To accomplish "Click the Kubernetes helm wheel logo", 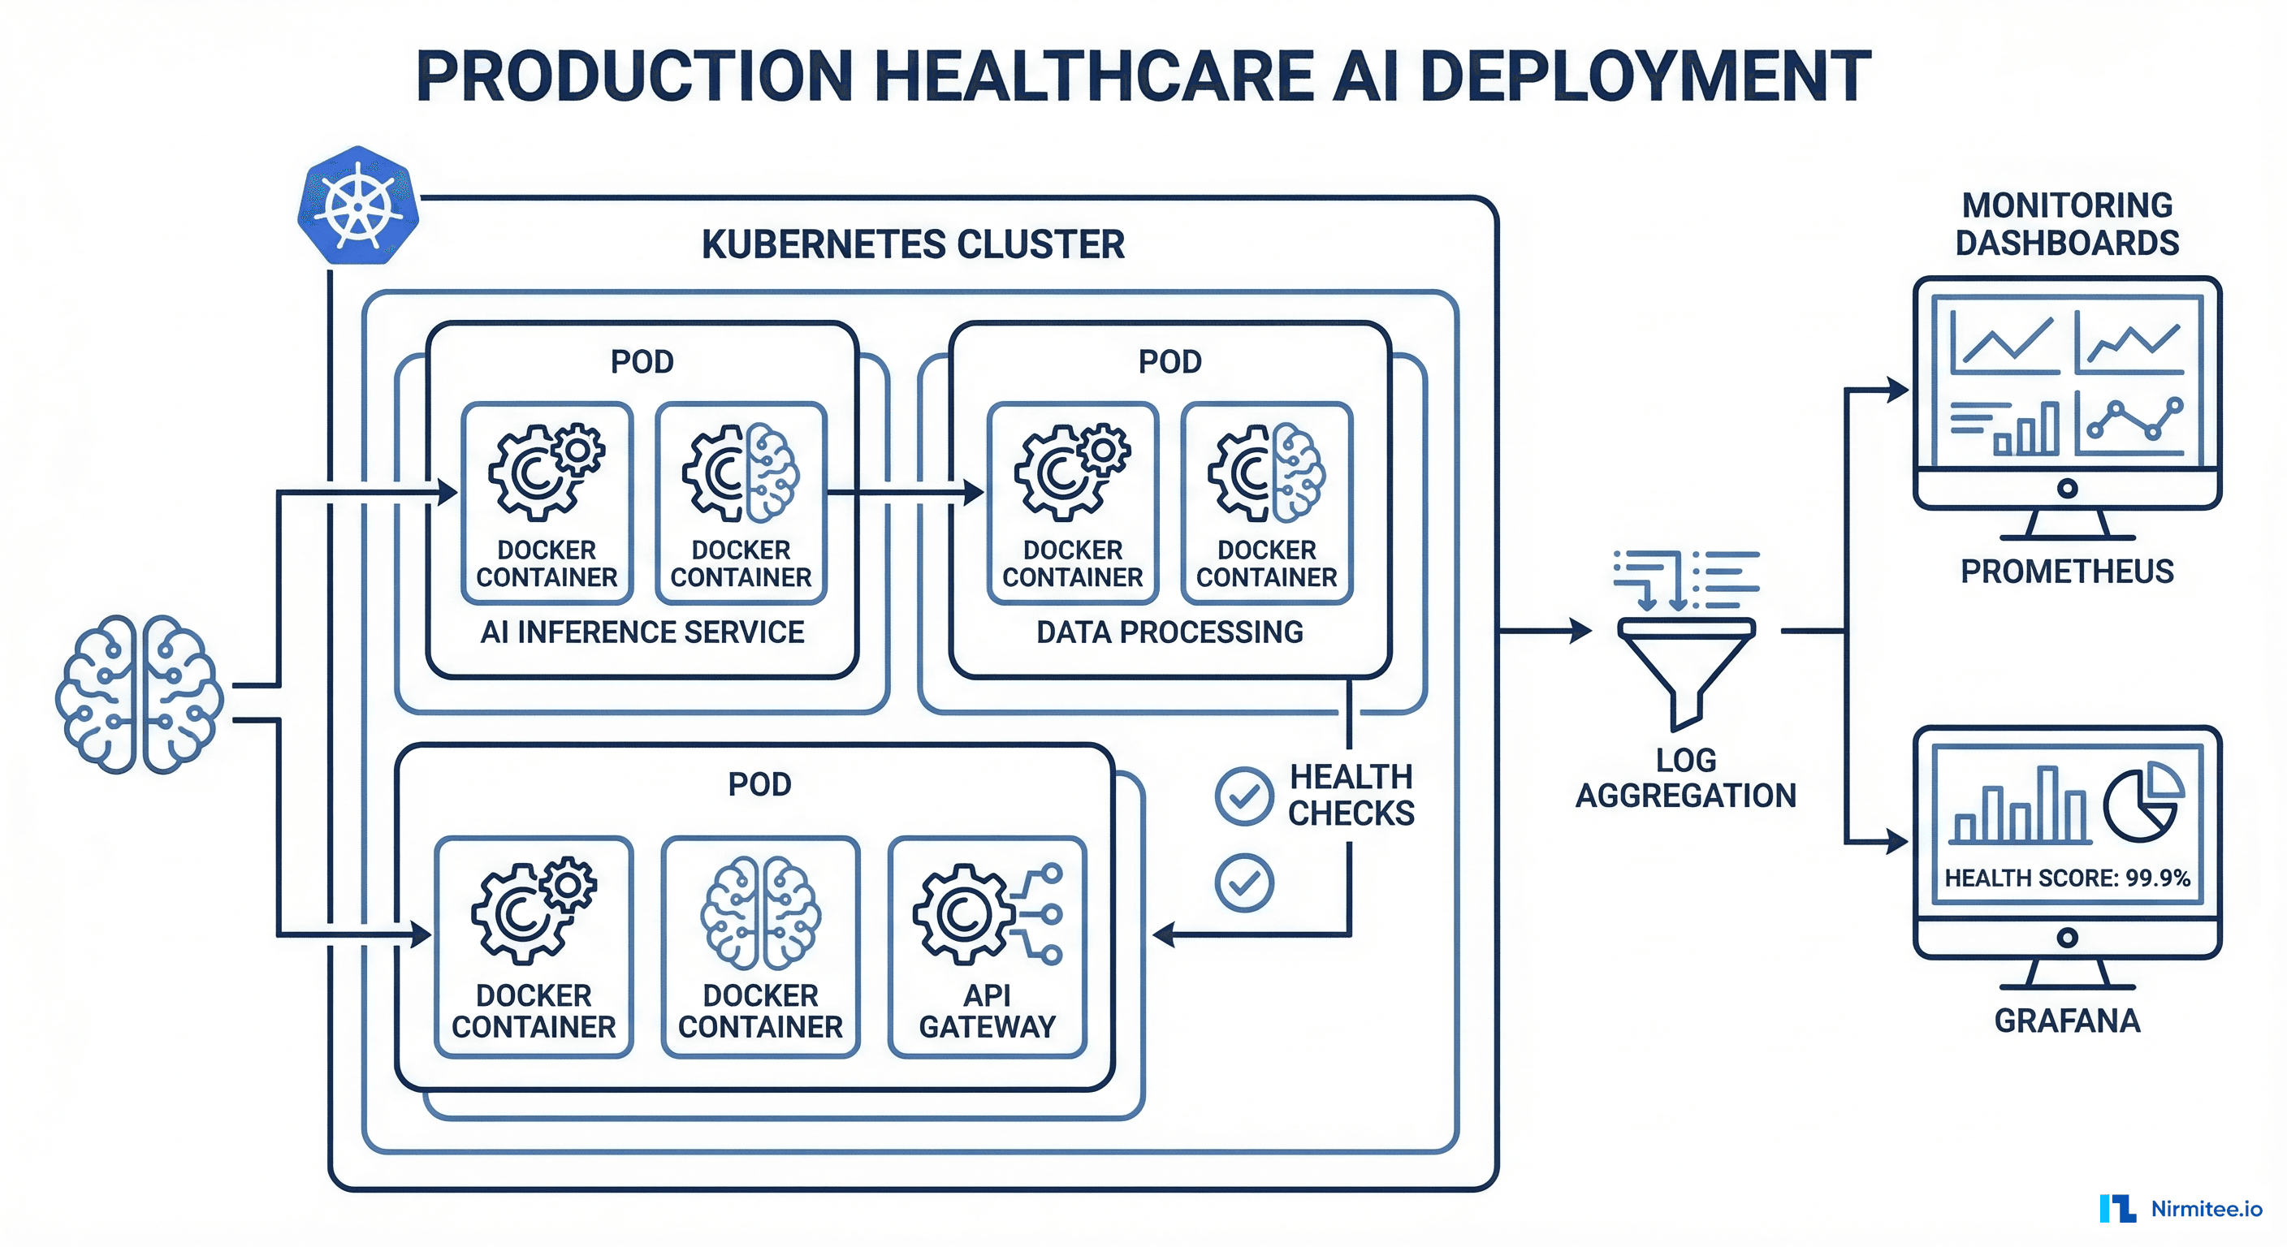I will click(x=358, y=206).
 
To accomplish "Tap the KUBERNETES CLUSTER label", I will click(x=913, y=244).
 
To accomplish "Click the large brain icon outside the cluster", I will click(x=139, y=693).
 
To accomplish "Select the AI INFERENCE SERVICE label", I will click(x=642, y=632).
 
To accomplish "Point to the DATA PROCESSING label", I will click(x=1169, y=632).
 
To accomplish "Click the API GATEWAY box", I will click(x=988, y=946).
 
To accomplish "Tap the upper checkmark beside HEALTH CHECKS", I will click(x=1244, y=796).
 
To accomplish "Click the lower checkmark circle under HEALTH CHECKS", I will click(x=1244, y=883).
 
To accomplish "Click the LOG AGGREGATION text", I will click(x=1685, y=778).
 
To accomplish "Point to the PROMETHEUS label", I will click(x=2067, y=572).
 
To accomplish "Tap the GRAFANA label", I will click(x=2067, y=1020).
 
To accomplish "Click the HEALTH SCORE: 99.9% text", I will click(x=2067, y=878).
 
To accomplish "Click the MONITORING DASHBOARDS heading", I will click(x=2067, y=223).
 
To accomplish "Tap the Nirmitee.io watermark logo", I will click(x=2181, y=1209).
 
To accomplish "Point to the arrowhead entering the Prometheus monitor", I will click(x=1897, y=390).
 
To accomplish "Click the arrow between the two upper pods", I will click(x=906, y=492).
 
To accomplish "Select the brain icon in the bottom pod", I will click(x=760, y=913).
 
